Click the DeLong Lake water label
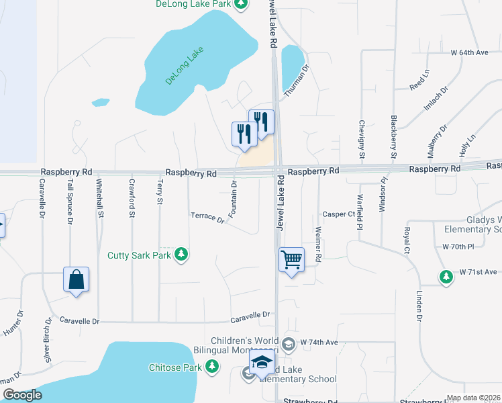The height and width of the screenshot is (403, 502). pyautogui.click(x=185, y=68)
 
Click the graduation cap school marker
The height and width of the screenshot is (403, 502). pyautogui.click(x=262, y=365)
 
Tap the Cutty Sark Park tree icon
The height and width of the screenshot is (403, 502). pyautogui.click(x=181, y=255)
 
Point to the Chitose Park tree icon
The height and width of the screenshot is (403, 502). pyautogui.click(x=213, y=367)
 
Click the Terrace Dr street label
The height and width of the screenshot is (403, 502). pyautogui.click(x=207, y=217)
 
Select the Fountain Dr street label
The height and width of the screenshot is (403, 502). pyautogui.click(x=234, y=199)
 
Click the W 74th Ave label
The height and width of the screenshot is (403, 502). pyautogui.click(x=319, y=342)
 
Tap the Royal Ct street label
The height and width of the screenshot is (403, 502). pyautogui.click(x=407, y=240)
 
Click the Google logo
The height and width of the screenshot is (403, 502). pyautogui.click(x=22, y=395)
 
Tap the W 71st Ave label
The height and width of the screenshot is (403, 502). pyautogui.click(x=479, y=272)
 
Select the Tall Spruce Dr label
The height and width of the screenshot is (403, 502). pyautogui.click(x=70, y=199)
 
